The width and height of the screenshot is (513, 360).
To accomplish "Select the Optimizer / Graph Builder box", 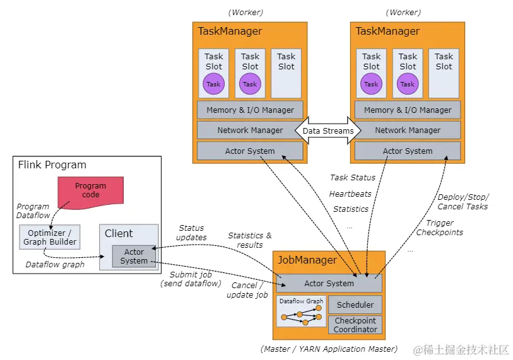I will point(50,236).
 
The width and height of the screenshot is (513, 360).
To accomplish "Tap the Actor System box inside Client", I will point(134,256).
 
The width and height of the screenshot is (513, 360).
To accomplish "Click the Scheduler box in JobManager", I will point(355,305).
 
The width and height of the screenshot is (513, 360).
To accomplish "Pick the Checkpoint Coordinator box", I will point(355,325).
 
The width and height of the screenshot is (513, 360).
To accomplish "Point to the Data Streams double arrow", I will point(329,131).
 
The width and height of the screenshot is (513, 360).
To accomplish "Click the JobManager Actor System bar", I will point(329,283).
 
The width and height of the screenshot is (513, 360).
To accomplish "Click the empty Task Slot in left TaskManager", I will point(286,73).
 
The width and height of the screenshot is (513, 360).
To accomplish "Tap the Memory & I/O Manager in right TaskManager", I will point(408,110).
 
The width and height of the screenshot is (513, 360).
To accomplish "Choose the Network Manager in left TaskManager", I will point(250,131).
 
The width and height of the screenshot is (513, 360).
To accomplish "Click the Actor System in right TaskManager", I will point(408,151).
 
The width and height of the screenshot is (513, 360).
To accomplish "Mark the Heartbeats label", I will point(350,194).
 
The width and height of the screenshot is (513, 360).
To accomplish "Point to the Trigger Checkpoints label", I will point(440,227).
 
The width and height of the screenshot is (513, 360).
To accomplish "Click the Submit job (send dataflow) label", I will point(191,279).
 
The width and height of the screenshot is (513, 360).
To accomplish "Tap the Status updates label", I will point(191,233).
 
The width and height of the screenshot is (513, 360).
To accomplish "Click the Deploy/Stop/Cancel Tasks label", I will point(463,202).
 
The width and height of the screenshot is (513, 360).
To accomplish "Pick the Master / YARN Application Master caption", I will point(329,349).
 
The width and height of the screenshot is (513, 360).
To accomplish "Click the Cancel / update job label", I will point(246,291).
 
